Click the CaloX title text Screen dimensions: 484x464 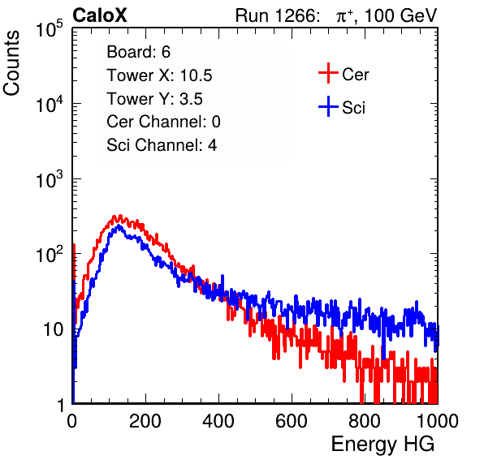(100, 15)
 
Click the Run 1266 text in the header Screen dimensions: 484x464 (277, 15)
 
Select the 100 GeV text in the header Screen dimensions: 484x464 (400, 15)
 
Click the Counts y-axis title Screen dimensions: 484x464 (11, 62)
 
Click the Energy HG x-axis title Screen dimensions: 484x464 (383, 445)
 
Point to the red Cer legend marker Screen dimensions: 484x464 (328, 73)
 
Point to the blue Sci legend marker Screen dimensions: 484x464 (328, 106)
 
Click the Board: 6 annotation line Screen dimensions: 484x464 (138, 52)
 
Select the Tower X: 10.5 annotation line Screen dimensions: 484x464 (159, 75)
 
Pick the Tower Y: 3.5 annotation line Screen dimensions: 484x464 (154, 99)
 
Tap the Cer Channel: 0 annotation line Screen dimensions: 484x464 (163, 122)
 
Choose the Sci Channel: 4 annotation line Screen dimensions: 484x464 (162, 145)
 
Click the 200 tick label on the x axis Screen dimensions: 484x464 (145, 421)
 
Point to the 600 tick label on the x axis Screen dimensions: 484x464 (292, 421)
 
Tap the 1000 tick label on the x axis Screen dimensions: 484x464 (438, 421)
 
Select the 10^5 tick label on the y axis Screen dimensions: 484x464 (50, 29)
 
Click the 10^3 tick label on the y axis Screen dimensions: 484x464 (50, 180)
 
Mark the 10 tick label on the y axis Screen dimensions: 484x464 (53, 329)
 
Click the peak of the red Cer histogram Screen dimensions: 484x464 (120, 216)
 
